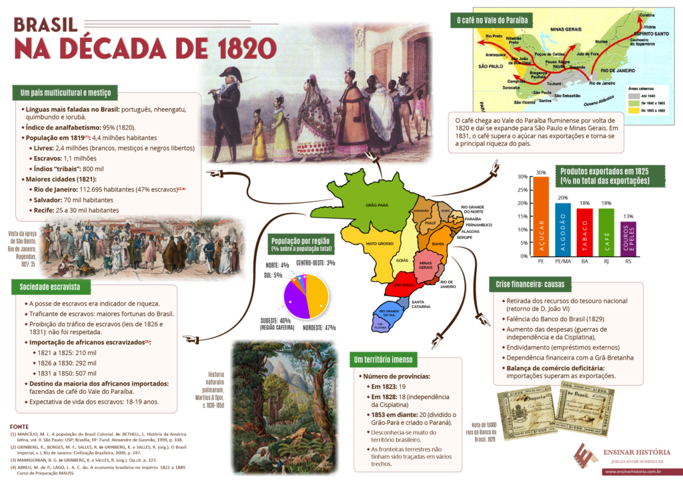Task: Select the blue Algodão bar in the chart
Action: pyautogui.click(x=563, y=229)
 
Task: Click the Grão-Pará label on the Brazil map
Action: pyautogui.click(x=376, y=205)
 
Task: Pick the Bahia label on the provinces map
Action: pyautogui.click(x=438, y=244)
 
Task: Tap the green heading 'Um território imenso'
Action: pyautogui.click(x=384, y=360)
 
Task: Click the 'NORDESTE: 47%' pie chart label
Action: pyautogui.click(x=318, y=328)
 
